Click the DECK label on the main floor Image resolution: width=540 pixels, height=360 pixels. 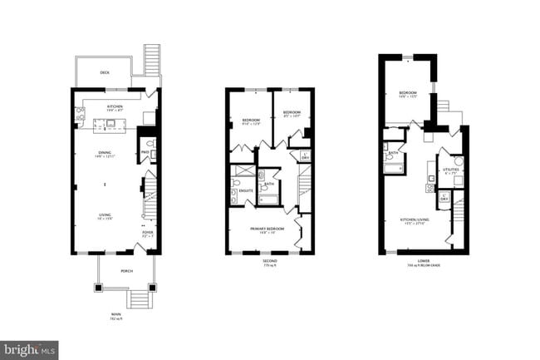[x=105, y=72]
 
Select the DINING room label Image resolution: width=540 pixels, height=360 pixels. [x=106, y=152]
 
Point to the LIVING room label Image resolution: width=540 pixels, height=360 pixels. [x=106, y=215]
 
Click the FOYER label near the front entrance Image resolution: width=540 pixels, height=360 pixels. [x=147, y=233]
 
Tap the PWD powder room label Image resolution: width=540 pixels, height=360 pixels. [x=145, y=152]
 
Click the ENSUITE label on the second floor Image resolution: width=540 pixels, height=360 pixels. [x=245, y=190]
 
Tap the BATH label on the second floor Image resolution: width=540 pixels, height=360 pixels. [x=270, y=185]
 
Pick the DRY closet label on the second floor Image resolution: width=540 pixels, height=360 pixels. [x=306, y=157]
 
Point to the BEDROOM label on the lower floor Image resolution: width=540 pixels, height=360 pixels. [x=407, y=93]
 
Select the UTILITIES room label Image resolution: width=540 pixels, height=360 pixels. [x=451, y=170]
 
